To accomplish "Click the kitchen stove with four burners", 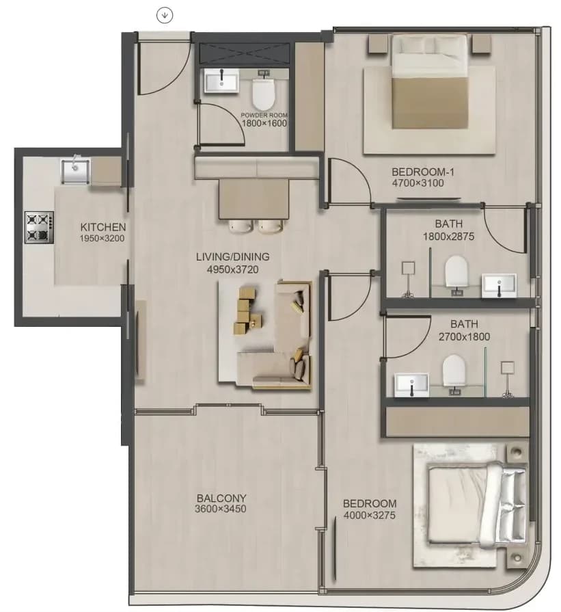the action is [x=39, y=228].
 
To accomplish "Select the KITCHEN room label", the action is [x=103, y=227].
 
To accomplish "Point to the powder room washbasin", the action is [x=221, y=81].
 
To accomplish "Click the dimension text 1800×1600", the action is [x=264, y=124].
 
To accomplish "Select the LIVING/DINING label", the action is [x=232, y=257].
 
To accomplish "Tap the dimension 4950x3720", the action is [x=232, y=269].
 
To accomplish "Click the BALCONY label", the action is [x=221, y=498].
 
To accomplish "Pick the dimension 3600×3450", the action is [x=221, y=509].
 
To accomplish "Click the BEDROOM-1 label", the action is [x=423, y=172].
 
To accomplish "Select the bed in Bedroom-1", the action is [x=430, y=81].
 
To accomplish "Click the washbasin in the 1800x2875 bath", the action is [x=499, y=285].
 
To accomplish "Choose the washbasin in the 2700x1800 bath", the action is [x=411, y=385].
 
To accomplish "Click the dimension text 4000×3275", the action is [x=370, y=516].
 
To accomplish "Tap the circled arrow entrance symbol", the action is [x=165, y=15].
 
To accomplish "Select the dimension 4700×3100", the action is [x=418, y=183].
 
